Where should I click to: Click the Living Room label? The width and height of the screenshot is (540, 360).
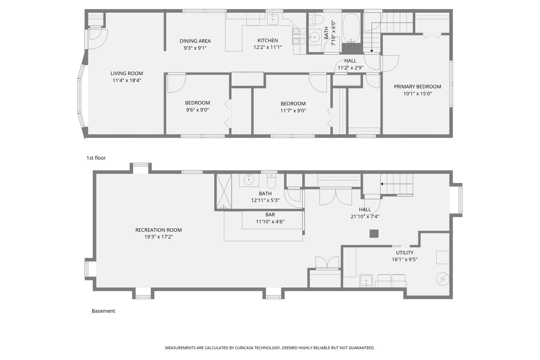(127, 73)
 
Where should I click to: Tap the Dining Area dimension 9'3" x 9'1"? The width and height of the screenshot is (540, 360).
(195, 48)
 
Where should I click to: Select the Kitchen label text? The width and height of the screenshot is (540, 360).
(267, 41)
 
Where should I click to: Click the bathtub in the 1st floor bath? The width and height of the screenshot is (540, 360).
(351, 28)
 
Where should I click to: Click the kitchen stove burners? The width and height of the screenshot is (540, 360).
(299, 36)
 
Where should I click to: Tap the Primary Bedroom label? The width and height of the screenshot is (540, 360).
(418, 86)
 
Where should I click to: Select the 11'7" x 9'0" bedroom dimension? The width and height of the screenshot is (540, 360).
(293, 111)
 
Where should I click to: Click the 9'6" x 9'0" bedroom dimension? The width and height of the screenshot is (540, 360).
(197, 110)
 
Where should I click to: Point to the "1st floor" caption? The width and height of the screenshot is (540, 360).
(96, 158)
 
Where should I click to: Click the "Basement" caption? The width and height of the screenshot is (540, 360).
(103, 311)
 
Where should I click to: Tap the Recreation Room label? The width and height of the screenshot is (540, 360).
(158, 230)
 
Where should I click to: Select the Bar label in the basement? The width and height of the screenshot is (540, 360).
(270, 215)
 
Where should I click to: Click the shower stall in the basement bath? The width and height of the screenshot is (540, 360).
(224, 191)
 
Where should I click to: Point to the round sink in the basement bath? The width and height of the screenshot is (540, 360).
(248, 179)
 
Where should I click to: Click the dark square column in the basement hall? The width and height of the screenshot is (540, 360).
(374, 234)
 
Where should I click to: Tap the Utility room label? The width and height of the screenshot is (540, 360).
(405, 253)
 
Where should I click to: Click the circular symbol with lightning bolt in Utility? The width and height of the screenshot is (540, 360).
(442, 279)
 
